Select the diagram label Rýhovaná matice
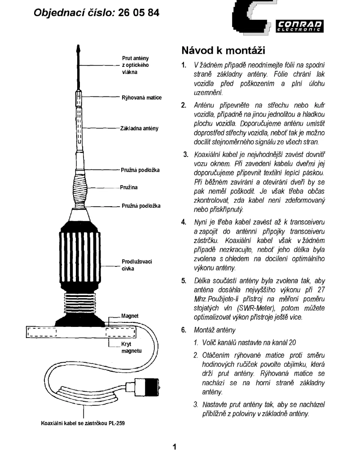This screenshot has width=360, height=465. tap(141, 97)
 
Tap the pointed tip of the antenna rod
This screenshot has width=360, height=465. tap(79, 47)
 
